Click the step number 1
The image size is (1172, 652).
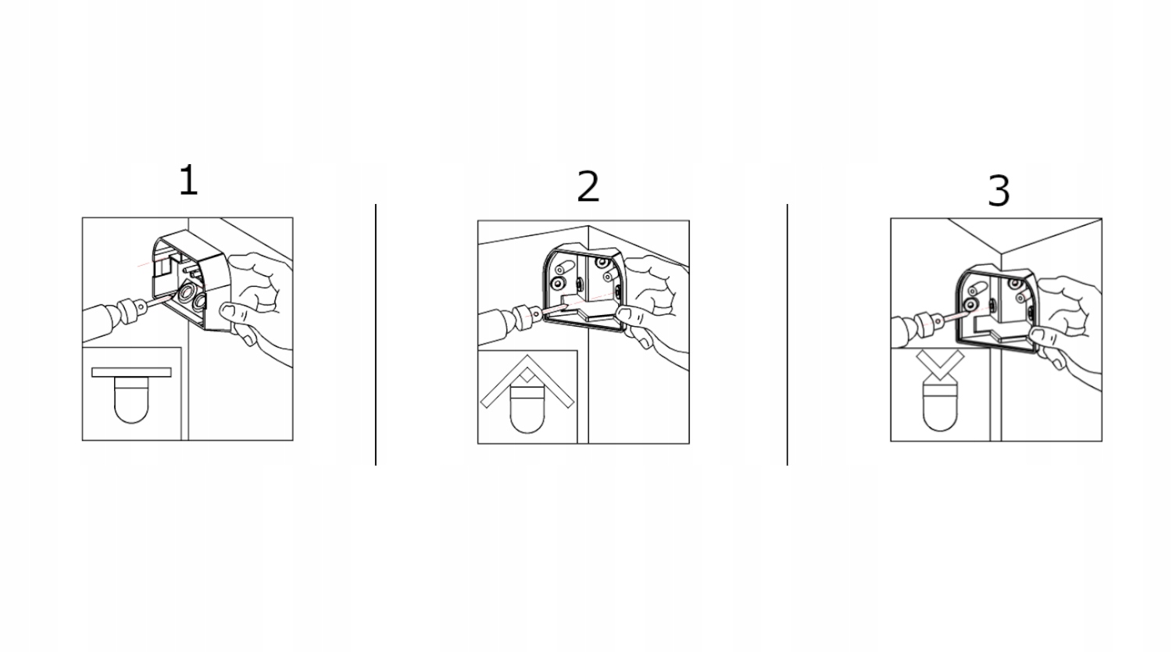188,180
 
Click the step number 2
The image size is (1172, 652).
588,186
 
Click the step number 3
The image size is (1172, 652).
999,191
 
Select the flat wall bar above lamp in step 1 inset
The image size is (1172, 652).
131,372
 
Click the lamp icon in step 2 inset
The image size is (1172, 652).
527,410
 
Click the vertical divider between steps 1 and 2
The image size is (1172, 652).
376,335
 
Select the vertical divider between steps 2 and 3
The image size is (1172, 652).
788,335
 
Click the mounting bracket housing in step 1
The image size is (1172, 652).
191,280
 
